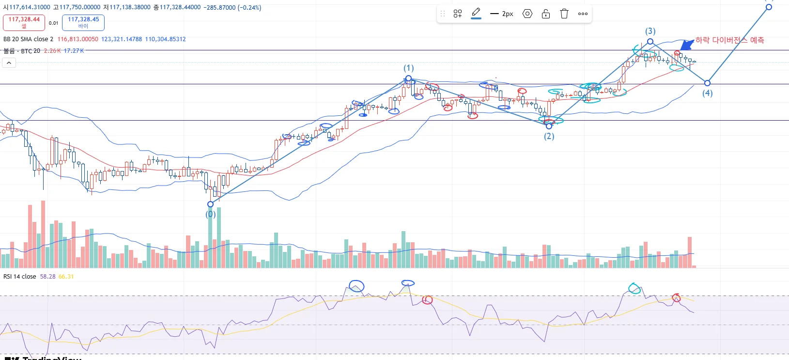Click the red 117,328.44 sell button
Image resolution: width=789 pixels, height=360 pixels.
point(24,22)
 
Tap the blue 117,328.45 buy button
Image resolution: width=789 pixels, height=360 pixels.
point(83,22)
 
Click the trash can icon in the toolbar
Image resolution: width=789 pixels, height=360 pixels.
point(564,14)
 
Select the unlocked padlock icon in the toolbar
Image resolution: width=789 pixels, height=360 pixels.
point(546,14)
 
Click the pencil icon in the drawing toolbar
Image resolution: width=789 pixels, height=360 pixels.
point(476,13)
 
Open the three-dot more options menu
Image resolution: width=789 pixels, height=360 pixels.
point(583,14)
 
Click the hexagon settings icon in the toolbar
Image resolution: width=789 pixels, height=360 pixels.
point(527,14)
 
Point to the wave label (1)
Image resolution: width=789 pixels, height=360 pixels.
point(409,68)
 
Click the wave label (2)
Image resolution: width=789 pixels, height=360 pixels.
point(549,136)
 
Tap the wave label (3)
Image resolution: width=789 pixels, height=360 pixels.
point(650,31)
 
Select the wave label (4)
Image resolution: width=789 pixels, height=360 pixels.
point(708,93)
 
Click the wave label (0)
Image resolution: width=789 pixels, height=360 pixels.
point(210,214)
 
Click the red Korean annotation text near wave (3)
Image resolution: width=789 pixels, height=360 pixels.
point(729,40)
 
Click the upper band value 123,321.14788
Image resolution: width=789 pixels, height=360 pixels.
point(122,39)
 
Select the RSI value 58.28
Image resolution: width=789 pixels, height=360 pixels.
point(47,277)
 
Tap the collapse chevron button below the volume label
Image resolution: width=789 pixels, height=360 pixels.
point(9,63)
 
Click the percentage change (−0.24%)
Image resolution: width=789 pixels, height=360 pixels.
point(249,7)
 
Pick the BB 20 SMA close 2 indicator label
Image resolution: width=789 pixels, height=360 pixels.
point(28,39)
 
